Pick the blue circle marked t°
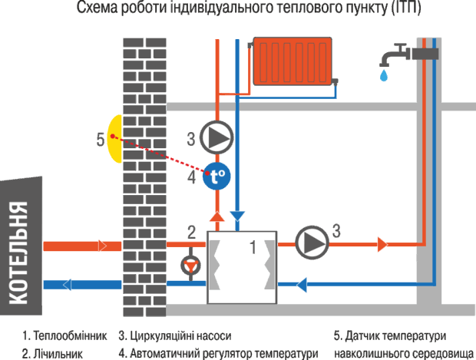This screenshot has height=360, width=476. (217, 177)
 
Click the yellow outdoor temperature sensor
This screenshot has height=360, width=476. (115, 139)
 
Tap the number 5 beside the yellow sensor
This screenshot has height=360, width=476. (100, 139)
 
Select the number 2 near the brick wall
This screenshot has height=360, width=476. (192, 230)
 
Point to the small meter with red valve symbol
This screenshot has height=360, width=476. (189, 266)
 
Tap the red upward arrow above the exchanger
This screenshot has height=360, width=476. (218, 217)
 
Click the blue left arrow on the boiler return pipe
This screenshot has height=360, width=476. (67, 285)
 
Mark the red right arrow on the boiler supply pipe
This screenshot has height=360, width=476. (101, 246)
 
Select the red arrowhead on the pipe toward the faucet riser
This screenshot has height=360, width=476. (382, 244)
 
